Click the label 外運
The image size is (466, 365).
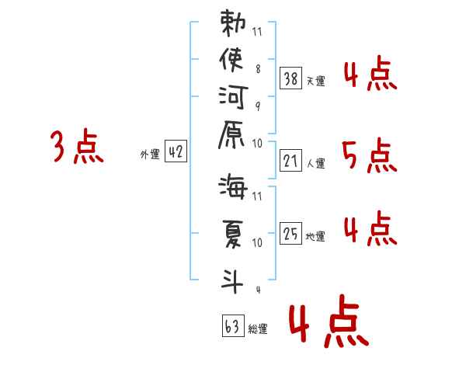coord(150,155)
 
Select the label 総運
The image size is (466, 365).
coord(258,329)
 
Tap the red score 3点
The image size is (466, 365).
coord(76,148)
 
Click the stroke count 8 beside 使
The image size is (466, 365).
coord(257,69)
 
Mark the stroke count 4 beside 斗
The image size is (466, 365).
coord(257,290)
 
